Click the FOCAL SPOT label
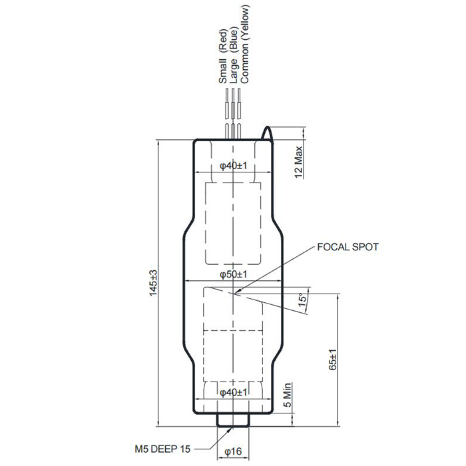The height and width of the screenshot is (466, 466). [x=348, y=247]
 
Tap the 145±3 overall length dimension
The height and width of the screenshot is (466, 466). [x=153, y=283]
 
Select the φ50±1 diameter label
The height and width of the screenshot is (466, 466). [x=233, y=274]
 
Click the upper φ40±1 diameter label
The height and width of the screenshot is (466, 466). [x=233, y=166]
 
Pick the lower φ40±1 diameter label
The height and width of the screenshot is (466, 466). [x=233, y=393]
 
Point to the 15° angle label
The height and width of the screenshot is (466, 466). [x=302, y=301]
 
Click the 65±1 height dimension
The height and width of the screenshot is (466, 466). [x=333, y=359]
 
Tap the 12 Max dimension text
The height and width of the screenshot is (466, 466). [x=298, y=162]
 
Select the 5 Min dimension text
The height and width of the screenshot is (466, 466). [x=288, y=395]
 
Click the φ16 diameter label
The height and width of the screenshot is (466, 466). [x=233, y=452]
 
